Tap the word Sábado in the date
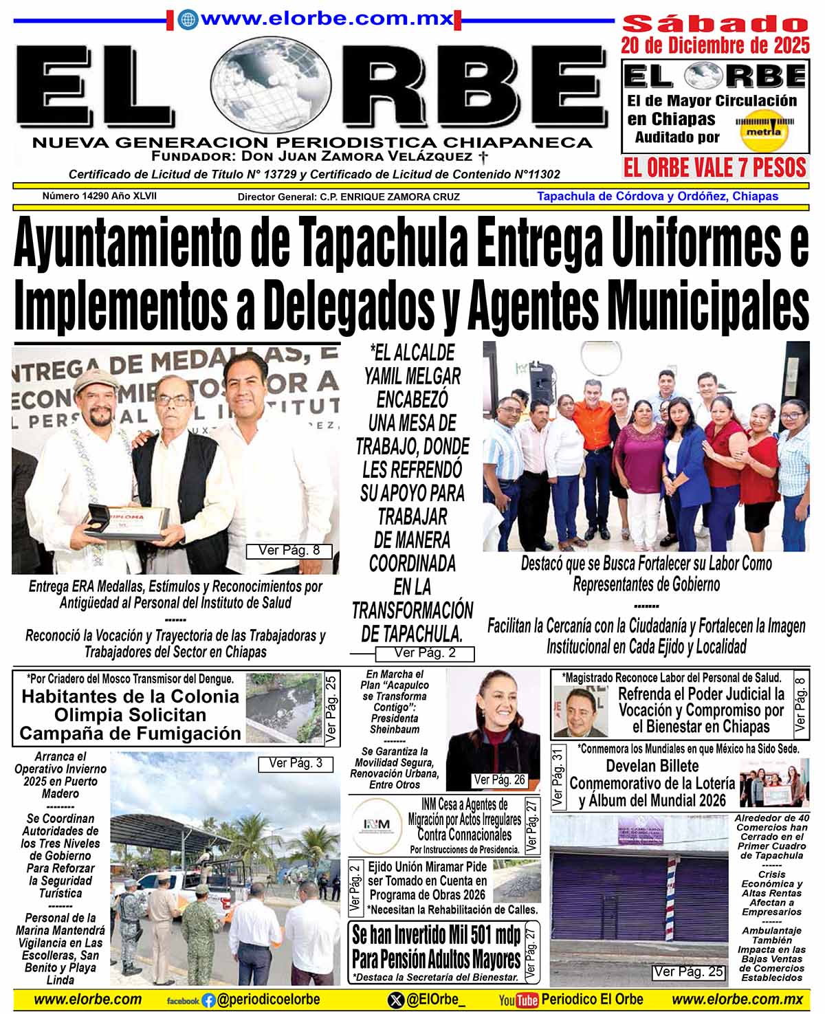pyautogui.click(x=715, y=23)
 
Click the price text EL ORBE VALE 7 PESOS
pyautogui.click(x=714, y=168)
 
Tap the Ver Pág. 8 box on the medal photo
pyautogui.click(x=289, y=551)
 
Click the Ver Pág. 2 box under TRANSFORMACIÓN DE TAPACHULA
pyautogui.click(x=424, y=653)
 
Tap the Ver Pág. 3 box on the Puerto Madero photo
pyautogui.click(x=296, y=763)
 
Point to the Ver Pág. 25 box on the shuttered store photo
pyautogui.click(x=688, y=971)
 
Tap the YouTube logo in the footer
pyautogui.click(x=518, y=1000)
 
